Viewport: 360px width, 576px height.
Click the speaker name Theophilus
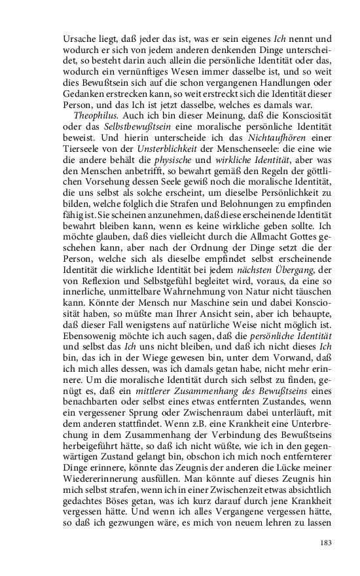(94, 115)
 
